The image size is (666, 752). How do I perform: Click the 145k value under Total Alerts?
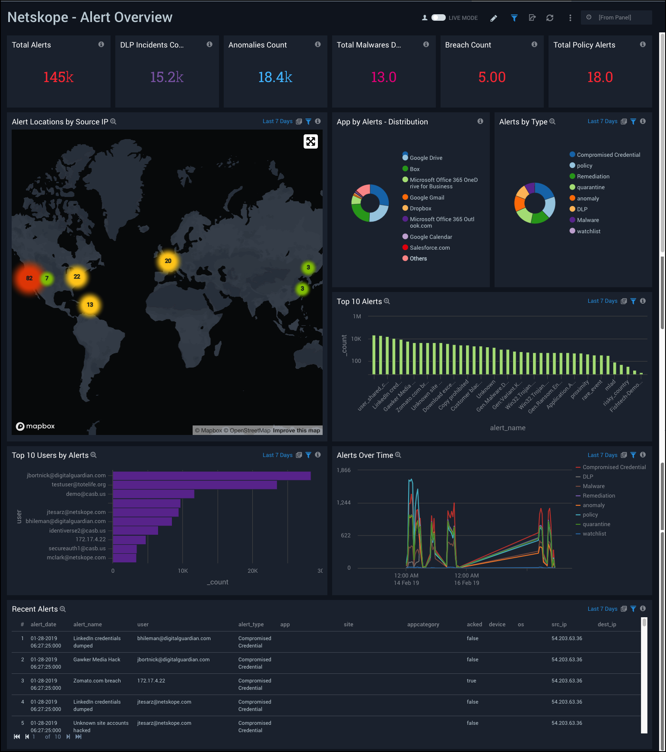58,77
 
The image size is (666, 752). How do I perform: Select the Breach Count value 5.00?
492,77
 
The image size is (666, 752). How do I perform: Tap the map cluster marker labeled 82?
29,278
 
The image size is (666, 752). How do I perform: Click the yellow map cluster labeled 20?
168,261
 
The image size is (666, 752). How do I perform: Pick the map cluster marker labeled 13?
90,305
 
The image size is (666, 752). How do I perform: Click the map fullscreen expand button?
311,142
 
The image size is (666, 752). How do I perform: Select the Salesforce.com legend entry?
429,247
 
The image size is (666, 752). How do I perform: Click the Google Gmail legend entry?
426,197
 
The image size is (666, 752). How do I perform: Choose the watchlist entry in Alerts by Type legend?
588,231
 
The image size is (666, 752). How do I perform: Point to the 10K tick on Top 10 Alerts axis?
356,339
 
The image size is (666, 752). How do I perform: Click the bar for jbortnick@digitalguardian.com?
212,476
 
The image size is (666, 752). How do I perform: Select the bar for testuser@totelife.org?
194,485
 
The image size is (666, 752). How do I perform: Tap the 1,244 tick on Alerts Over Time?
344,502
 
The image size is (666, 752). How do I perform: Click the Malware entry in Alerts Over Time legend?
593,486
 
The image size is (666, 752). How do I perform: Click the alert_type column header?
251,624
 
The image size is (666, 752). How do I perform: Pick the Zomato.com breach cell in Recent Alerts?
97,681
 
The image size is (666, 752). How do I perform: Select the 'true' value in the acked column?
471,681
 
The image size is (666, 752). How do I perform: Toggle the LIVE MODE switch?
438,18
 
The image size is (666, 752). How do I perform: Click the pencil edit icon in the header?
494,18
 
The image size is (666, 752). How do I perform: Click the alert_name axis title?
507,428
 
